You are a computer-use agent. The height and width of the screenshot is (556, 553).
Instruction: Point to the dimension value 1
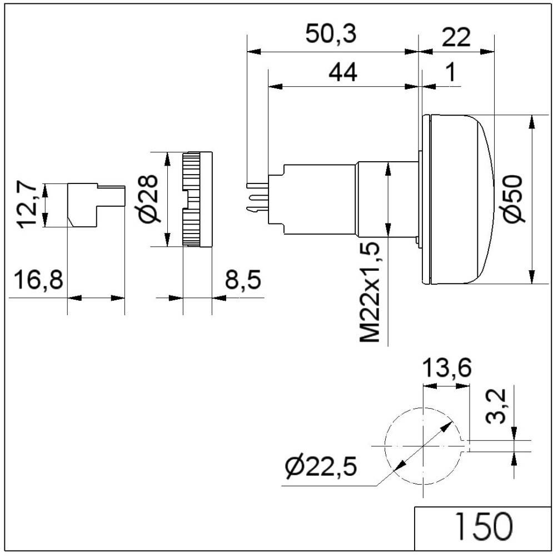(x=451, y=72)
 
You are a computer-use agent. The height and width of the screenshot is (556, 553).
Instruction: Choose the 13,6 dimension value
(x=446, y=368)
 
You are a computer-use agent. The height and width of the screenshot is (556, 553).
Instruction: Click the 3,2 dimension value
(x=496, y=405)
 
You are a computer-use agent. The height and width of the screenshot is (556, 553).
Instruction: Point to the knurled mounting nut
(x=197, y=199)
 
